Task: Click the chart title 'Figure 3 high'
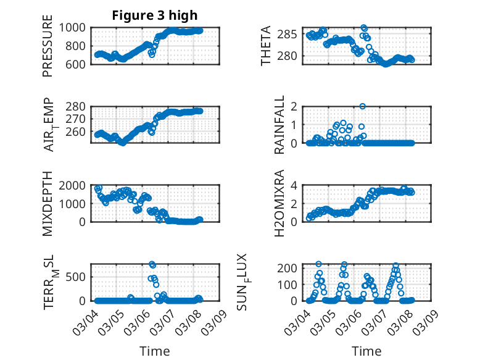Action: (155, 15)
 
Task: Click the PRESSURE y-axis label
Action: (48, 46)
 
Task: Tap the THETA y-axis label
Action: (266, 46)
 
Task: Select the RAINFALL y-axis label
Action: (280, 125)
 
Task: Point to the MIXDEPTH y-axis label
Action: (48, 203)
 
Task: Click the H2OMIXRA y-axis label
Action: (279, 203)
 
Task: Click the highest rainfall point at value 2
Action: (363, 106)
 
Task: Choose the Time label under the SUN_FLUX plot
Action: (366, 351)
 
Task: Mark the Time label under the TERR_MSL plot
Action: (155, 351)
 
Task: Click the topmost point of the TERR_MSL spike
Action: (152, 264)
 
